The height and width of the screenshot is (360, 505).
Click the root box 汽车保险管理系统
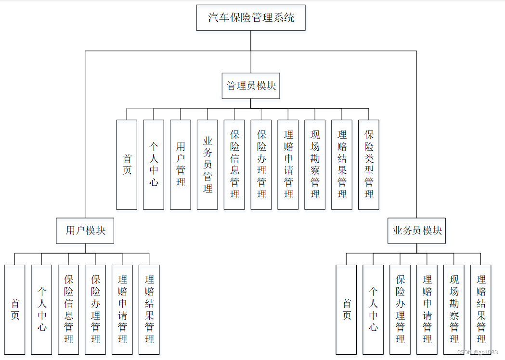point(251,18)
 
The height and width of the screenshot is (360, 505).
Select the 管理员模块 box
point(251,86)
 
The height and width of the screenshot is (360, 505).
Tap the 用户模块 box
point(86,231)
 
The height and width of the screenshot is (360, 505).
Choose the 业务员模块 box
point(417,231)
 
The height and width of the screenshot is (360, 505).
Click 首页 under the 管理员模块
point(127,164)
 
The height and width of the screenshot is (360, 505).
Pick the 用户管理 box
point(181,164)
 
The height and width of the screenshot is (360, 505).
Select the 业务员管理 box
point(207,164)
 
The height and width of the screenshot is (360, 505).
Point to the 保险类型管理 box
point(369,164)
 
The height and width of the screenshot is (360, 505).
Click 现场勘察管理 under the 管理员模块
point(315,164)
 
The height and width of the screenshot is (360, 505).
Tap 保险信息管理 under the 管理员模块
point(234,164)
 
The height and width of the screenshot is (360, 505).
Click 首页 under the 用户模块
point(14,309)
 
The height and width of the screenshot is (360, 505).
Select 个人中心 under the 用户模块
point(41,309)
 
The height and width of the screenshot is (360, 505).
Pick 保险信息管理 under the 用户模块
point(68,309)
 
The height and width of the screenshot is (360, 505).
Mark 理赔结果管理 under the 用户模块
point(149,309)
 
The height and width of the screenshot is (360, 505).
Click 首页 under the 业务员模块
point(347,309)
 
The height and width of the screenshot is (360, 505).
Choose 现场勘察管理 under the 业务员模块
point(454,309)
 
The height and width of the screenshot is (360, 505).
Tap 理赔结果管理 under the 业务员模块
point(481,309)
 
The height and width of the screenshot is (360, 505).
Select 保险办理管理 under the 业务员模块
point(400,309)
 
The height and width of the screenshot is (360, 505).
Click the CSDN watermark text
point(477,353)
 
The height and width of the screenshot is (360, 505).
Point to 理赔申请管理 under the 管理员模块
point(288,164)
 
